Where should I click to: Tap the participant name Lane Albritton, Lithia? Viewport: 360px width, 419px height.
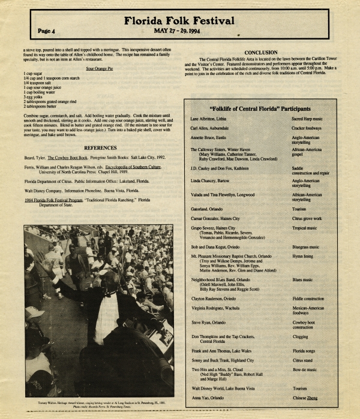(x=212, y=119)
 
